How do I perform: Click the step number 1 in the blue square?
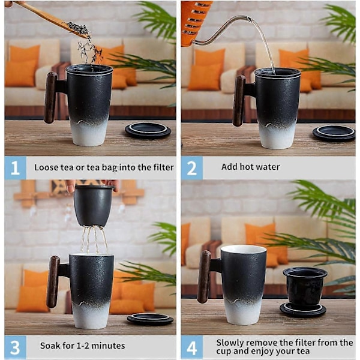14,167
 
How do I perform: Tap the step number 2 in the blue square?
192,168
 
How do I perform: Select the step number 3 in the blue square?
15,347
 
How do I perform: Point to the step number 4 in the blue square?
191,348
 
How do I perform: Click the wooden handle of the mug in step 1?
50,98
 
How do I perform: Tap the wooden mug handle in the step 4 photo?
203,277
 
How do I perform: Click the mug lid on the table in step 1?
148,130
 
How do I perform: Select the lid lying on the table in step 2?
334,133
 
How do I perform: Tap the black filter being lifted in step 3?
94,206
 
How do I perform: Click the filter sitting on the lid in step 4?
305,286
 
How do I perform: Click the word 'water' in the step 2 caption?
268,167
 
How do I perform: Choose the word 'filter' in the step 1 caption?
164,167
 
